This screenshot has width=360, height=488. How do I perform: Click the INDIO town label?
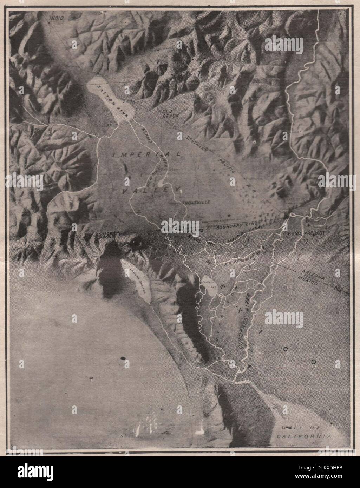(x=55, y=18)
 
